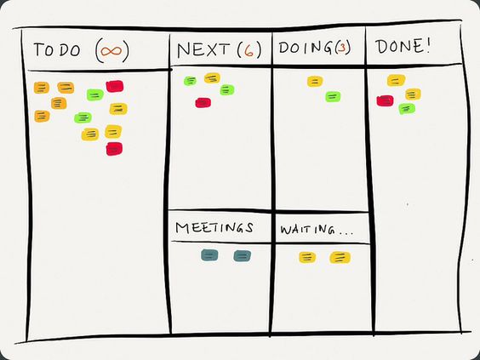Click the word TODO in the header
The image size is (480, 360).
tap(57, 50)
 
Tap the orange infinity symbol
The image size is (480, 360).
tap(111, 51)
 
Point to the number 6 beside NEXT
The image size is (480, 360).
tap(249, 50)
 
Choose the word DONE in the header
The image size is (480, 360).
tap(397, 47)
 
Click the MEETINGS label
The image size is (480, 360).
tap(214, 228)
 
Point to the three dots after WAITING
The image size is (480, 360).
tap(346, 233)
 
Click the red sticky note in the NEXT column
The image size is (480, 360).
tap(203, 102)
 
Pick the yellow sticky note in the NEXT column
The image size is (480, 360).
tap(212, 78)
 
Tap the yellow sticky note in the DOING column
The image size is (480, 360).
tap(315, 82)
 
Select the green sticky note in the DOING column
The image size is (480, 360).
tap(333, 96)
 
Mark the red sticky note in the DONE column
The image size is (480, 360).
tap(385, 100)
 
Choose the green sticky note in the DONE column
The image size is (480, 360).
tap(407, 109)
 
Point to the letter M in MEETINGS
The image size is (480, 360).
tap(183, 228)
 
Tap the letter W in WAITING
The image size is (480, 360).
tap(285, 230)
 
